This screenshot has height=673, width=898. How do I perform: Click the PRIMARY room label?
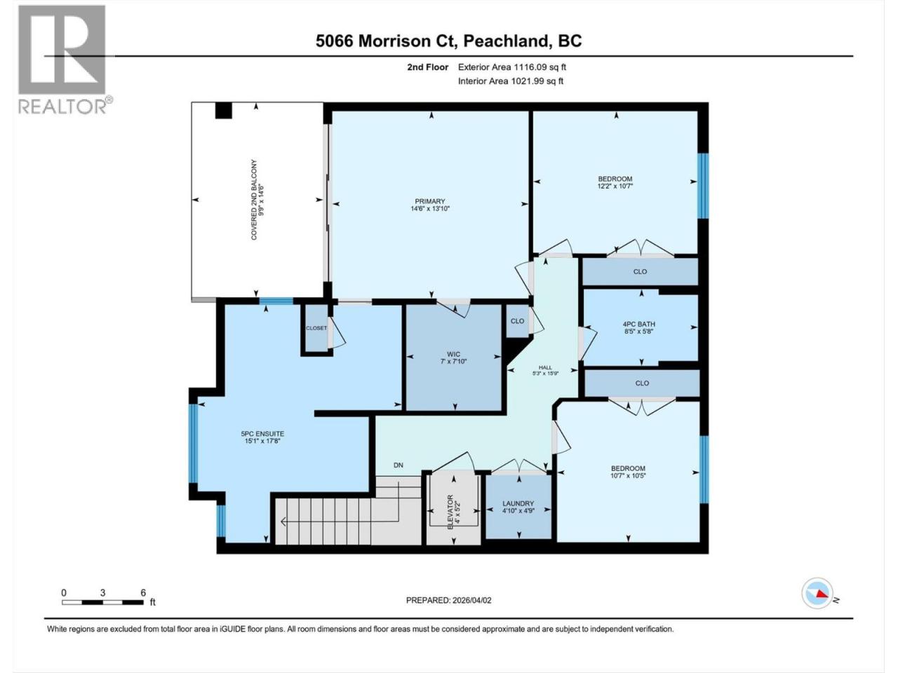[429, 201]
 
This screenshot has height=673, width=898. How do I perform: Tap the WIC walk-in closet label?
[453, 354]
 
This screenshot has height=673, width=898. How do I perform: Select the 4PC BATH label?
[638, 324]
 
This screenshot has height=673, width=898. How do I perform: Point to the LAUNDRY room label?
[518, 503]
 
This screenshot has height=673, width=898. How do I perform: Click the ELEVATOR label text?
[450, 512]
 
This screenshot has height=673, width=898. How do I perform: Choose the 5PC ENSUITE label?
[262, 434]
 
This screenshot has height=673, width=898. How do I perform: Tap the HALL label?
[545, 367]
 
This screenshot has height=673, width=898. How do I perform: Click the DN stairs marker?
[398, 465]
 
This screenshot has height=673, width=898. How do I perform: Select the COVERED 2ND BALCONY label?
[254, 200]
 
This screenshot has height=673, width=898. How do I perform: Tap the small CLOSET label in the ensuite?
[316, 328]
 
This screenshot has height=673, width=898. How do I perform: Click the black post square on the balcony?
[223, 110]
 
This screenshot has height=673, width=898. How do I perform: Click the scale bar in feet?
[102, 602]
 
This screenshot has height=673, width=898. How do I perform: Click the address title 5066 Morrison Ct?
[383, 41]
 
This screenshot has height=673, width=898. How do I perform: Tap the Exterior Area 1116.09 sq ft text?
[512, 67]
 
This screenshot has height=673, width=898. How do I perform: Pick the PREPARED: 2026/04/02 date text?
[448, 600]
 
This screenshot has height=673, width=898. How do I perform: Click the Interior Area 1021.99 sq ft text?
[511, 81]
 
